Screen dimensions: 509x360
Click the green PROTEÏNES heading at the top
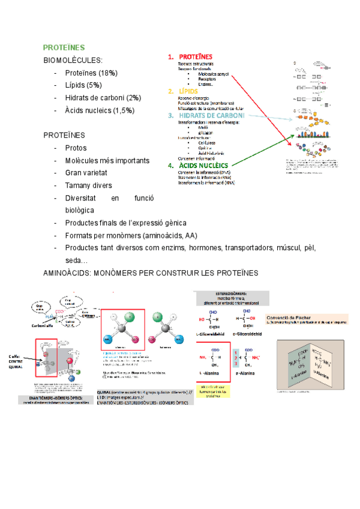click(64, 47)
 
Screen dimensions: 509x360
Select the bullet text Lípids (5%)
click(84, 85)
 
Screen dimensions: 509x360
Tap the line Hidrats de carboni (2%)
click(103, 98)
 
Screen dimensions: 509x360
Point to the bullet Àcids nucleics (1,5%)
click(100, 110)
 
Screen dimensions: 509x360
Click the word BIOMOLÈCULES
click(73, 60)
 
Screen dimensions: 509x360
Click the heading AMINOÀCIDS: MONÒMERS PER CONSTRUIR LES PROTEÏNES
click(151, 273)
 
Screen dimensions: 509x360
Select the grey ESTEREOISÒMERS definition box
click(232, 297)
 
